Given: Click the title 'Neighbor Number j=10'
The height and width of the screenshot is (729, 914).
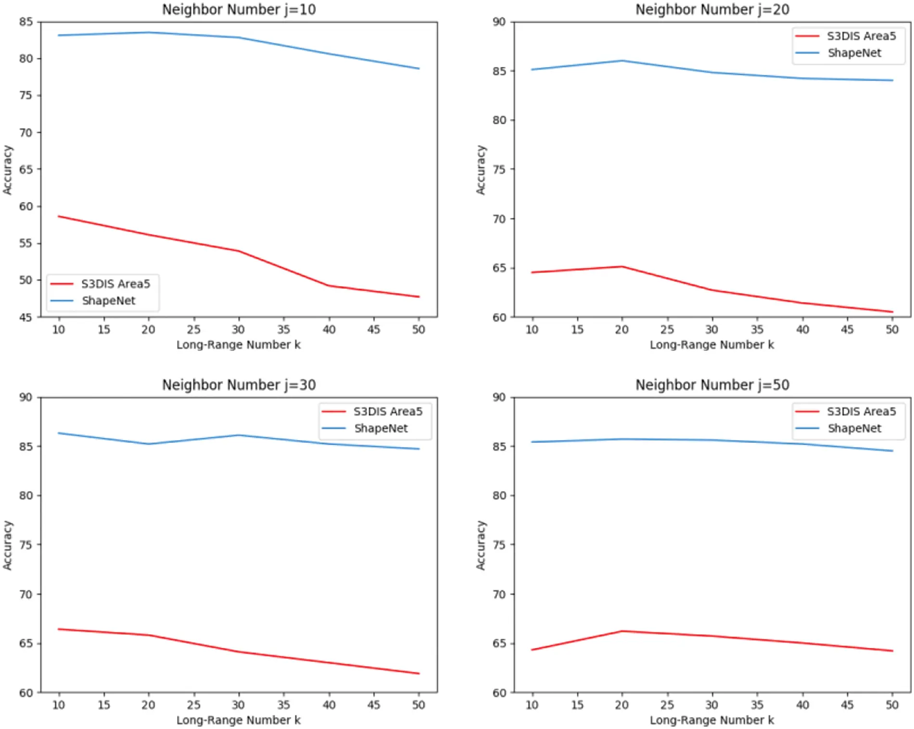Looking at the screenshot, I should (x=239, y=10).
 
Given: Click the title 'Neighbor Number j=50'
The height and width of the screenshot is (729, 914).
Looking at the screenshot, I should (x=712, y=385).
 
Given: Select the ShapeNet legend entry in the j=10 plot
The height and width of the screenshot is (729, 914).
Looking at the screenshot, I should (x=108, y=301).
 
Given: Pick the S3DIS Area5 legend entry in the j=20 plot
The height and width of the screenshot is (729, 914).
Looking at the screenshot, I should (x=861, y=36).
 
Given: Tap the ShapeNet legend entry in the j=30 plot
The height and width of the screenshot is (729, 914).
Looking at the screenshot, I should (x=381, y=428).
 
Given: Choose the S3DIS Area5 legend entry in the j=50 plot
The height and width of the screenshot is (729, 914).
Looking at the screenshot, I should (x=861, y=411).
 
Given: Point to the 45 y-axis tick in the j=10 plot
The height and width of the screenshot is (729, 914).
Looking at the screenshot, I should (x=26, y=317).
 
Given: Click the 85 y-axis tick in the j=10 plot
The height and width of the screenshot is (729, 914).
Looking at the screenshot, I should (x=26, y=22).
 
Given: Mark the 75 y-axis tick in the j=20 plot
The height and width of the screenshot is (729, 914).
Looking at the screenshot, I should (x=499, y=169).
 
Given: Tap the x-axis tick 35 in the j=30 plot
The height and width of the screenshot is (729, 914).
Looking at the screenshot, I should (x=283, y=705).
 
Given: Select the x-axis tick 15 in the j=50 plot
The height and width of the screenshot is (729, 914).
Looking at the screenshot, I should (x=577, y=705).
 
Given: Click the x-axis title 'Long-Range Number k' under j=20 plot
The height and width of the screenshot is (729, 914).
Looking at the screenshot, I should (x=712, y=345).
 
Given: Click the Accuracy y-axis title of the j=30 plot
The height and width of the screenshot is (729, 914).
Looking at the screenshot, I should (x=7, y=545).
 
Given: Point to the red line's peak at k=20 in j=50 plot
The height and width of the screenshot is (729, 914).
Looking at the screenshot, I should (x=622, y=631).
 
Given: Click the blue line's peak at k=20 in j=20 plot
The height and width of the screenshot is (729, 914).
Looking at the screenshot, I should (x=622, y=61).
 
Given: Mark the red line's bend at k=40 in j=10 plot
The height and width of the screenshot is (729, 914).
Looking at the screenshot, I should (x=329, y=286).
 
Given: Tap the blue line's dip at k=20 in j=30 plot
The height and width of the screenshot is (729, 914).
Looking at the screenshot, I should (x=149, y=444).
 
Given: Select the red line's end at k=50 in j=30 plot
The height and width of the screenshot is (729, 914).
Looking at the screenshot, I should (x=419, y=673).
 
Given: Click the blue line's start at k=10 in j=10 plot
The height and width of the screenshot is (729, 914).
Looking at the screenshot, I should (x=59, y=35).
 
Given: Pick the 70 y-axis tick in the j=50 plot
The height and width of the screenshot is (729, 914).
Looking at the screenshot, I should (x=499, y=594).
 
